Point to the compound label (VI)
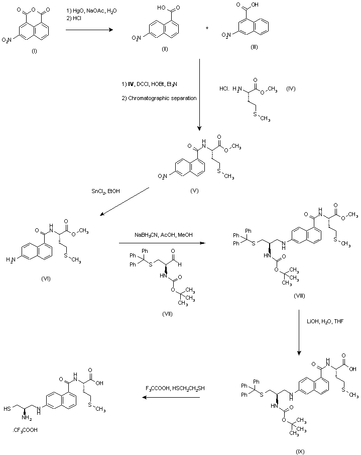pyautogui.click(x=49, y=278)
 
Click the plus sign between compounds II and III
pyautogui.click(x=207, y=28)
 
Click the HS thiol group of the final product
pyautogui.click(x=12, y=408)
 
